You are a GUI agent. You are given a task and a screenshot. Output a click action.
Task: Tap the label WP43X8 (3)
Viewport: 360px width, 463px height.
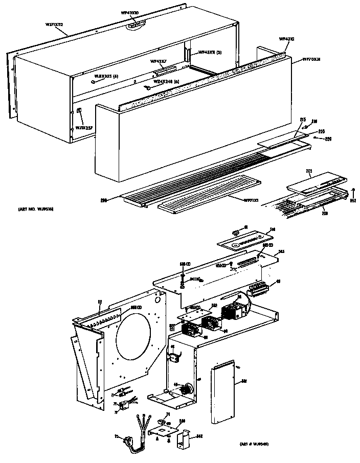tap(209, 52)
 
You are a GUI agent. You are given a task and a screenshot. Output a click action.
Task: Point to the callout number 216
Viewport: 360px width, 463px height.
tap(314, 121)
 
